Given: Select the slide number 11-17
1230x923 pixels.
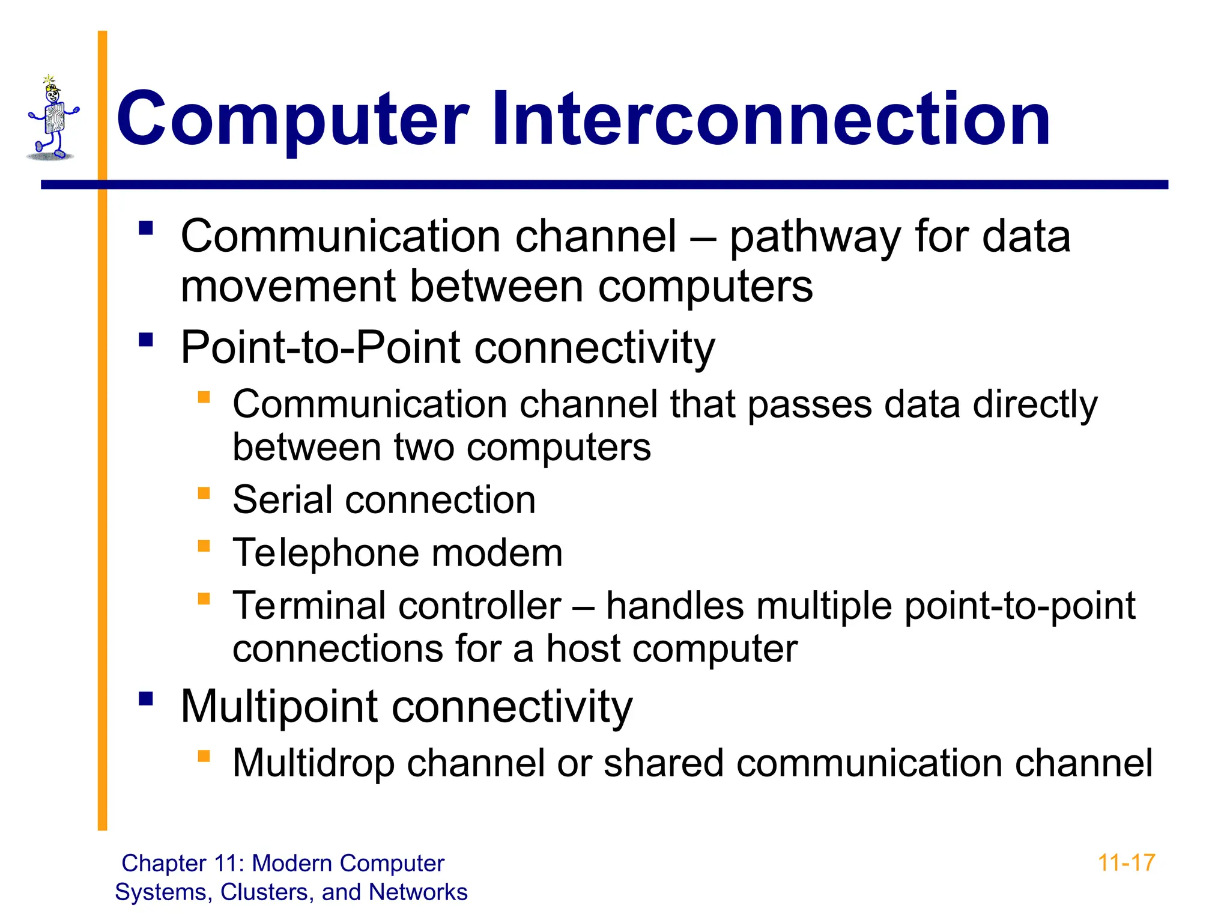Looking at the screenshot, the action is pos(1126,863).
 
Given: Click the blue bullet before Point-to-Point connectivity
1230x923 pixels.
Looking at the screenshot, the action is pos(146,340).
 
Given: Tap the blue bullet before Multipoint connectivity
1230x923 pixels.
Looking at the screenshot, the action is pos(146,698).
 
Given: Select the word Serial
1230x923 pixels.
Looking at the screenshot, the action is pos(282,499).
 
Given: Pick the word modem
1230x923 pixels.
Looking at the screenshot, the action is pos(497,553).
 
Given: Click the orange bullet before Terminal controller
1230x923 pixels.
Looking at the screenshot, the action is pos(204,599).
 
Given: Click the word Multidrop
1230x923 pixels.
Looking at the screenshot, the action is pos(313,763).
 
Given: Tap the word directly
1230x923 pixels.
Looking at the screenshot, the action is pos(1035,404).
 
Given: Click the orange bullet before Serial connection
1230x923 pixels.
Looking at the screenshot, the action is pos(204,493).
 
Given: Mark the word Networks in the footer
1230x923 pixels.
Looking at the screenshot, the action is pos(418,892).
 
